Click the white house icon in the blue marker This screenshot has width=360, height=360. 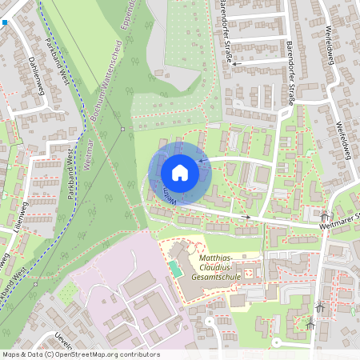click(180, 173)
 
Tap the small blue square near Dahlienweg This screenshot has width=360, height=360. click(4, 23)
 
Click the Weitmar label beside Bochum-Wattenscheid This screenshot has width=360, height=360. click(89, 152)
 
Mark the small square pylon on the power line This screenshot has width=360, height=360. click(122, 129)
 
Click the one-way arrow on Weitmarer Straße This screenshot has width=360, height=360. click(246, 216)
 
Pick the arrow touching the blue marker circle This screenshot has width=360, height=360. click(202, 161)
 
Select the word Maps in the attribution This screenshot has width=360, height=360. click(12, 354)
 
